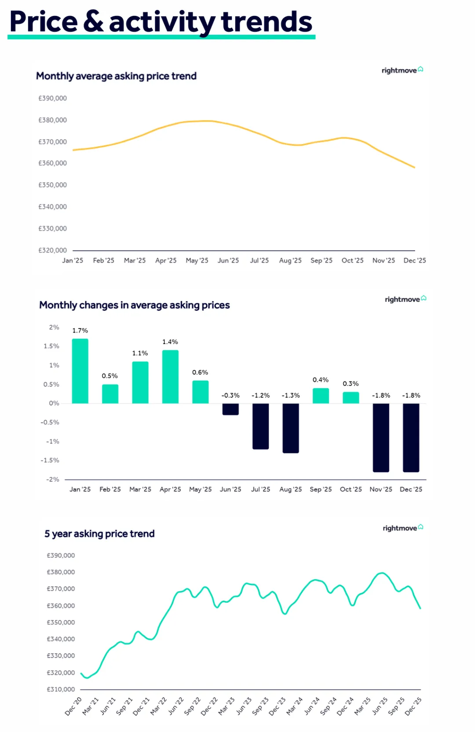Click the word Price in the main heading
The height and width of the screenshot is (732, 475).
[x=44, y=22]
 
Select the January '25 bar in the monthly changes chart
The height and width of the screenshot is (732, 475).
[x=80, y=371]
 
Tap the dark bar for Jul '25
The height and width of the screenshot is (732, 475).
[x=260, y=426]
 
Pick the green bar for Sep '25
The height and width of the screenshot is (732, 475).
[x=321, y=395]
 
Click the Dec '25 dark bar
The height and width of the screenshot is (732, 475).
[x=411, y=437]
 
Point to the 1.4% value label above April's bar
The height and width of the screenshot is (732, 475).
[x=170, y=342]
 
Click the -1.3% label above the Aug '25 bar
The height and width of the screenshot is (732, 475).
[x=291, y=395]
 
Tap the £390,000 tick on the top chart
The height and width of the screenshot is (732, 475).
[x=52, y=98]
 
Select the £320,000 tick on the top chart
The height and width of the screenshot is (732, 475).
[x=52, y=250]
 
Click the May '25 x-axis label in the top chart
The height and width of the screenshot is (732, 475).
[x=197, y=260]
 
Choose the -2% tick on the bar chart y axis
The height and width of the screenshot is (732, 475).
[x=53, y=479]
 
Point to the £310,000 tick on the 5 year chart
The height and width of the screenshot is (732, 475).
[x=61, y=689]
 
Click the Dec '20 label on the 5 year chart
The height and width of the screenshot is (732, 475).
[x=73, y=706]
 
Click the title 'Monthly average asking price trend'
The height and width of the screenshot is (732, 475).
[x=116, y=76]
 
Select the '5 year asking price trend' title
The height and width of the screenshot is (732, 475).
[x=99, y=534]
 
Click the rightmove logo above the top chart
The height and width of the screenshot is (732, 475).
[x=402, y=70]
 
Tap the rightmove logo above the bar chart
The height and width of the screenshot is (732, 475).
[x=405, y=299]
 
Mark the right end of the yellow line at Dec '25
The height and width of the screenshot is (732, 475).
[x=414, y=167]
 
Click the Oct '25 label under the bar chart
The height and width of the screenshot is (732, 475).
[x=351, y=489]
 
